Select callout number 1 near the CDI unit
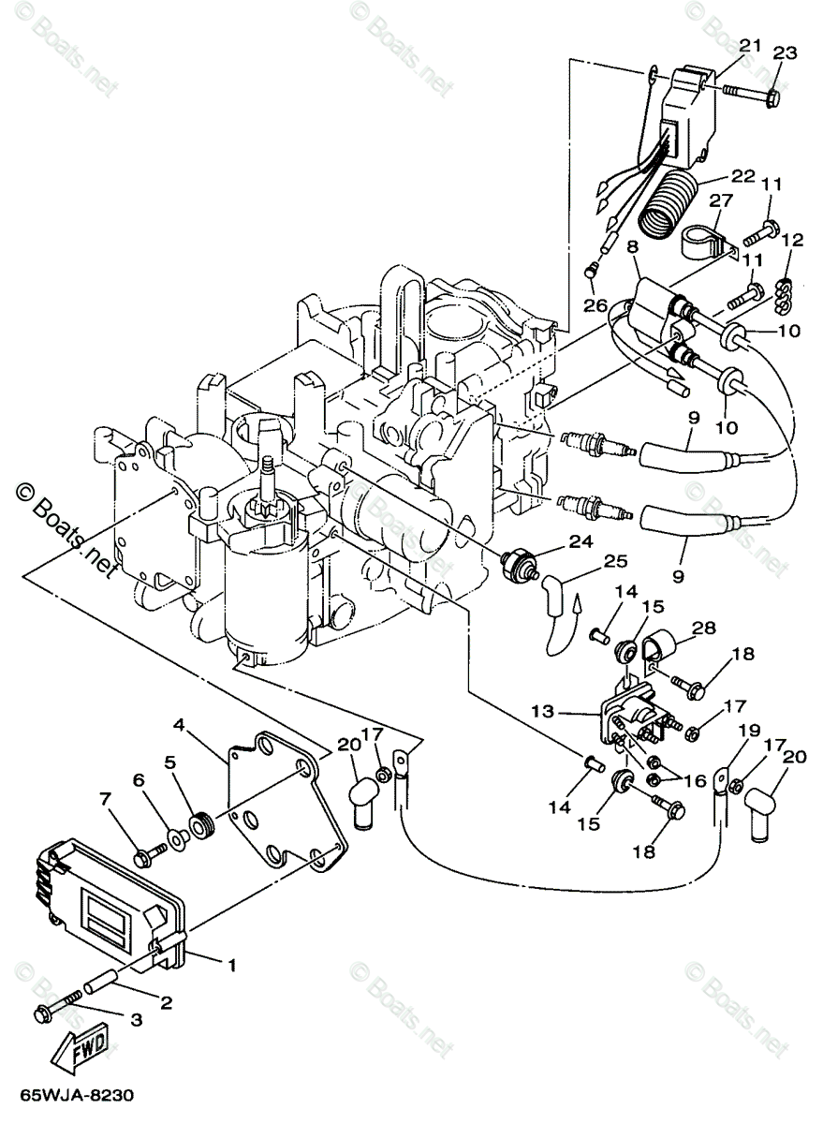(231, 964)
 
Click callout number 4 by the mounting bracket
(180, 725)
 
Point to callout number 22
(742, 176)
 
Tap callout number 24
(581, 541)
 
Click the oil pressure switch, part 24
(521, 563)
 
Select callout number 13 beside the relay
(543, 711)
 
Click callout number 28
(704, 628)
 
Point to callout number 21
(750, 46)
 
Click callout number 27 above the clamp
(721, 200)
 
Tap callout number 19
(750, 730)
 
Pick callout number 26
(595, 305)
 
